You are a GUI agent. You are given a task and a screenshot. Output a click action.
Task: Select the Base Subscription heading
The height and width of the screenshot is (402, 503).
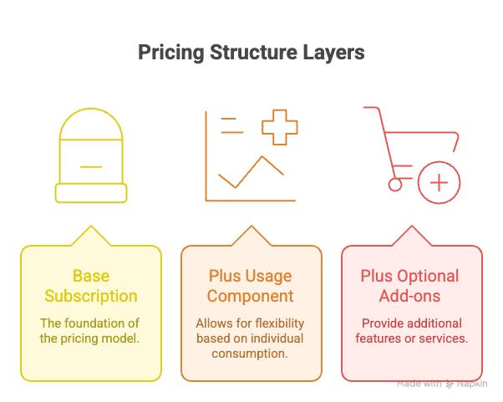[90, 286]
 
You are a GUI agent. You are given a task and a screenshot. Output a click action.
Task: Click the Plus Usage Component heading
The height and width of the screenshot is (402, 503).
[251, 286]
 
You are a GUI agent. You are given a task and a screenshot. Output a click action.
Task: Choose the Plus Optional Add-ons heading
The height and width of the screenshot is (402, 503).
[409, 286]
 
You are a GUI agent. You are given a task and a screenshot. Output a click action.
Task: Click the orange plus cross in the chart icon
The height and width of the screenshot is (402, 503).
[279, 128]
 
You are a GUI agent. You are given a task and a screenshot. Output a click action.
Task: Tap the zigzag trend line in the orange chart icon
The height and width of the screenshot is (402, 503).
[251, 172]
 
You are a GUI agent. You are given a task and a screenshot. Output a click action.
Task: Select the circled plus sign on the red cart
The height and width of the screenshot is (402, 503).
[439, 181]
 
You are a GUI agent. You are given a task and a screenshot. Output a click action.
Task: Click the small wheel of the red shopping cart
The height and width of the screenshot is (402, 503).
[395, 185]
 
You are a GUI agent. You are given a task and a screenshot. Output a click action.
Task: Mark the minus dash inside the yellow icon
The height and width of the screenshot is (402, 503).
[90, 167]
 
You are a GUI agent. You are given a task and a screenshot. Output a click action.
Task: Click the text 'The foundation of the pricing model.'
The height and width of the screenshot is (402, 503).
[90, 330]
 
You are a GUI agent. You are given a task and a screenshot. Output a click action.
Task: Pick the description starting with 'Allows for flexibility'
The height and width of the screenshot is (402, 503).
[251, 338]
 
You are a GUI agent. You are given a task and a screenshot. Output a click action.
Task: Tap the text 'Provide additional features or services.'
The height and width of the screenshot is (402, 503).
[409, 330]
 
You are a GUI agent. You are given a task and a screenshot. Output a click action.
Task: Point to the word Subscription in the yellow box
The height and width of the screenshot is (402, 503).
[90, 296]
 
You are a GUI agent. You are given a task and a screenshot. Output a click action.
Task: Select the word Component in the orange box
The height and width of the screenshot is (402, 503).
[251, 296]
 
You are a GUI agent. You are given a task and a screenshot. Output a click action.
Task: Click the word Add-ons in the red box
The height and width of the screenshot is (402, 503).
[409, 296]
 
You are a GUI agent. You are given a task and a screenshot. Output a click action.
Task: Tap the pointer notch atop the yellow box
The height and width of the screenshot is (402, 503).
[90, 236]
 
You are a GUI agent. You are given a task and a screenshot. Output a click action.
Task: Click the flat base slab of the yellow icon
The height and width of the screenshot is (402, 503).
[90, 194]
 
